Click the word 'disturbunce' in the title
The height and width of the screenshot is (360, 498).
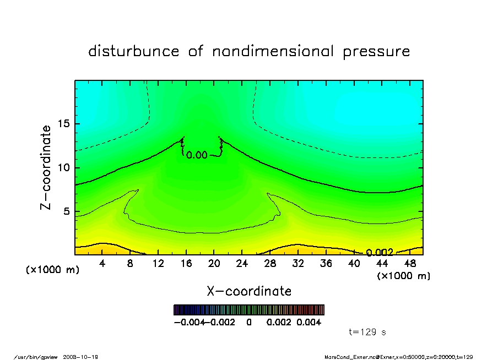[x=133, y=52]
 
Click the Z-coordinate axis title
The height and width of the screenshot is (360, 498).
[x=46, y=167]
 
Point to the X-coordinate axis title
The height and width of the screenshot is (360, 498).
[x=249, y=291]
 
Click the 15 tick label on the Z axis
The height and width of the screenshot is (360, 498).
[x=63, y=124]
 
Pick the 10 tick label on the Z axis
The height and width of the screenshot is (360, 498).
[x=63, y=168]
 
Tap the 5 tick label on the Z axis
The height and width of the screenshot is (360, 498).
[x=66, y=211]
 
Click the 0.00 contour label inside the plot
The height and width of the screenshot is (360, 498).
[x=197, y=155]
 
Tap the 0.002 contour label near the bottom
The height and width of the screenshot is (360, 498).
[x=380, y=253]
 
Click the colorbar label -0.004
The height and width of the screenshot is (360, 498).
[x=186, y=323]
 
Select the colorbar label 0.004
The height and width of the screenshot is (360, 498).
[x=308, y=323]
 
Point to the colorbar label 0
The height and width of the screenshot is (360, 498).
[x=249, y=323]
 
